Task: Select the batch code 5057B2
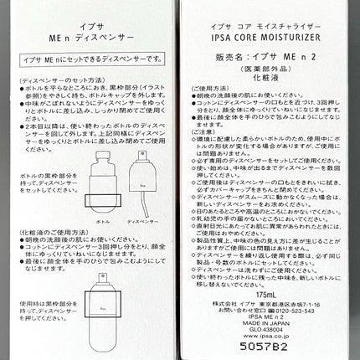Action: point(264,342)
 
